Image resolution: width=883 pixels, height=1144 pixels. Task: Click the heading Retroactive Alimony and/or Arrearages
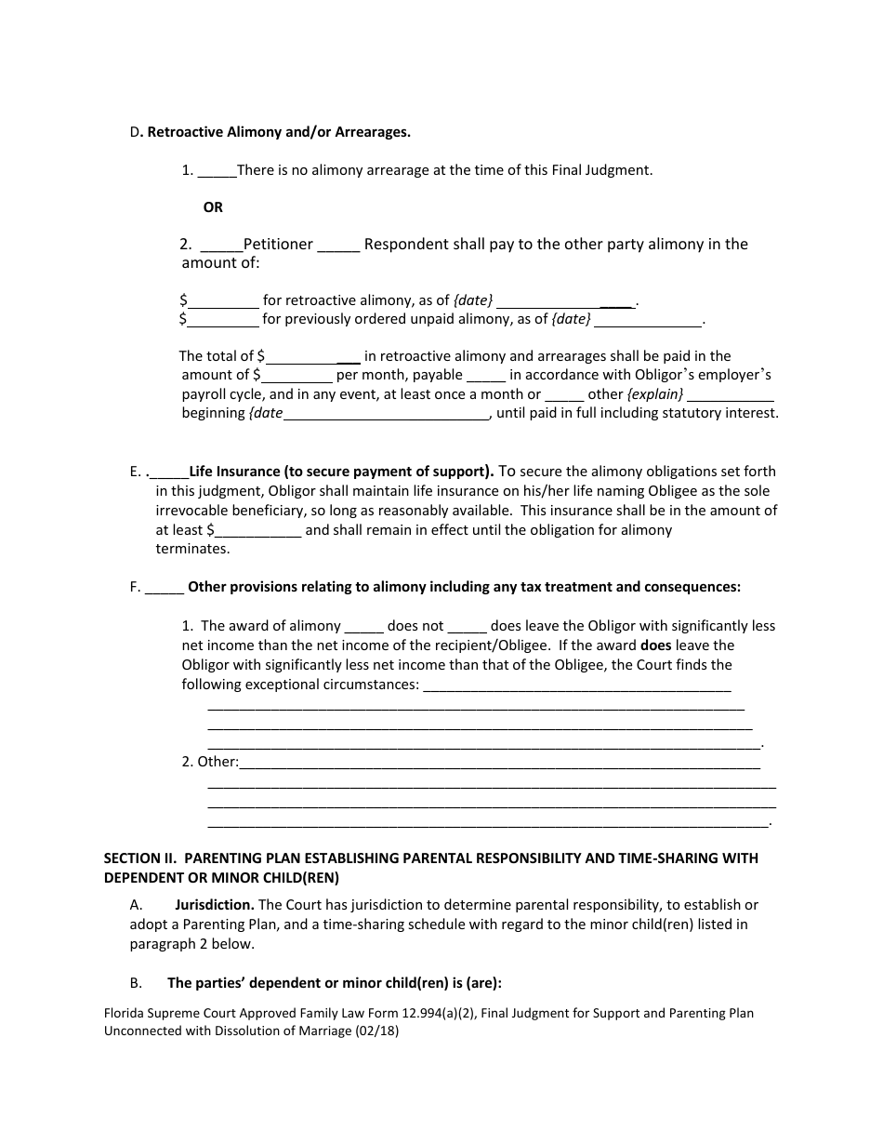(x=279, y=132)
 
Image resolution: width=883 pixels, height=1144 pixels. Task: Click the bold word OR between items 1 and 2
(x=213, y=207)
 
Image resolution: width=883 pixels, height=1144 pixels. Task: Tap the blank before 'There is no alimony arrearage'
(x=217, y=171)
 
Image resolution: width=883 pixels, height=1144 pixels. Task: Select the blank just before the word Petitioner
(x=221, y=245)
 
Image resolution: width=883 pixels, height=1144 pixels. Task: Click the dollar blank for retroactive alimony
(x=223, y=301)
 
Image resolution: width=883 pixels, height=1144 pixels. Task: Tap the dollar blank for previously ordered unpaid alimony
(x=223, y=320)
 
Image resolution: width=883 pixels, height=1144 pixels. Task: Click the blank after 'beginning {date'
(x=386, y=414)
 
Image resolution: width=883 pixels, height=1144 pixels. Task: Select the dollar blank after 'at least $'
(x=257, y=531)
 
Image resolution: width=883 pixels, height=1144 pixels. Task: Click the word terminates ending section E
(x=192, y=549)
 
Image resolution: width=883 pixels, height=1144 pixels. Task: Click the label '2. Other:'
(x=210, y=763)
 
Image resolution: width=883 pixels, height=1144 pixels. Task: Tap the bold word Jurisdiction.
(x=215, y=905)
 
